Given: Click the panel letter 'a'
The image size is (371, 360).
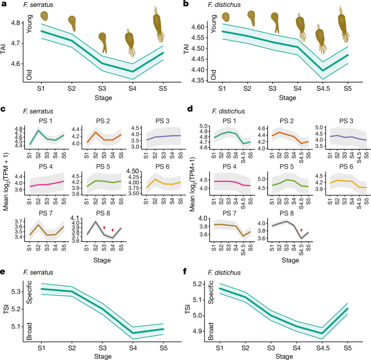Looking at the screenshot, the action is (x=4, y=4).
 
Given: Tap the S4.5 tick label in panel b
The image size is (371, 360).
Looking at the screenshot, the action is (x=323, y=89).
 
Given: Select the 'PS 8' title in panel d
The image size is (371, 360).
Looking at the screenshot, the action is (x=286, y=213).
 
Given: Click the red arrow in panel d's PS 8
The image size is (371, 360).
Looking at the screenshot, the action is (x=301, y=230).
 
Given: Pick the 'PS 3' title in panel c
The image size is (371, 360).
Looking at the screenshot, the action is (x=162, y=121).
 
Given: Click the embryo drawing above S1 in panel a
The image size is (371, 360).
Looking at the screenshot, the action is (x=44, y=16).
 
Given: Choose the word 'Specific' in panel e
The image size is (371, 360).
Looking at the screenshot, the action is (x=30, y=292).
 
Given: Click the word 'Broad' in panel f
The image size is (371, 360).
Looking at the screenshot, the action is (x=211, y=331).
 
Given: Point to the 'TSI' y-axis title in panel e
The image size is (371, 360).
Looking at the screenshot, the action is (x=6, y=310).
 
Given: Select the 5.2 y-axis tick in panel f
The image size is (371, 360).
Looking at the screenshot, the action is (x=198, y=284).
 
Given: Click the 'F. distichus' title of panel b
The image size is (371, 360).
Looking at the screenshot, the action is (x=224, y=5).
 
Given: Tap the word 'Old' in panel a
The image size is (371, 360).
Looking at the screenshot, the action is (x=29, y=75).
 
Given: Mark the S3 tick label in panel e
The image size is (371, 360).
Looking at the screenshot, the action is (x=102, y=348).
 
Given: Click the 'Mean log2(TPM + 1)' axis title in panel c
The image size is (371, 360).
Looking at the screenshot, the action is (x=6, y=182).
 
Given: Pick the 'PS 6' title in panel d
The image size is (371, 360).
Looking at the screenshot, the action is (x=346, y=167).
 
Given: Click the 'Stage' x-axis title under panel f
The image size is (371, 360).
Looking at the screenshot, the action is (x=284, y=356).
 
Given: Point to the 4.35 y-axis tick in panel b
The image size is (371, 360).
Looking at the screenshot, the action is (x=198, y=81).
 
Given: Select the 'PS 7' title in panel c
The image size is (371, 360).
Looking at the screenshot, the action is (x=45, y=213).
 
